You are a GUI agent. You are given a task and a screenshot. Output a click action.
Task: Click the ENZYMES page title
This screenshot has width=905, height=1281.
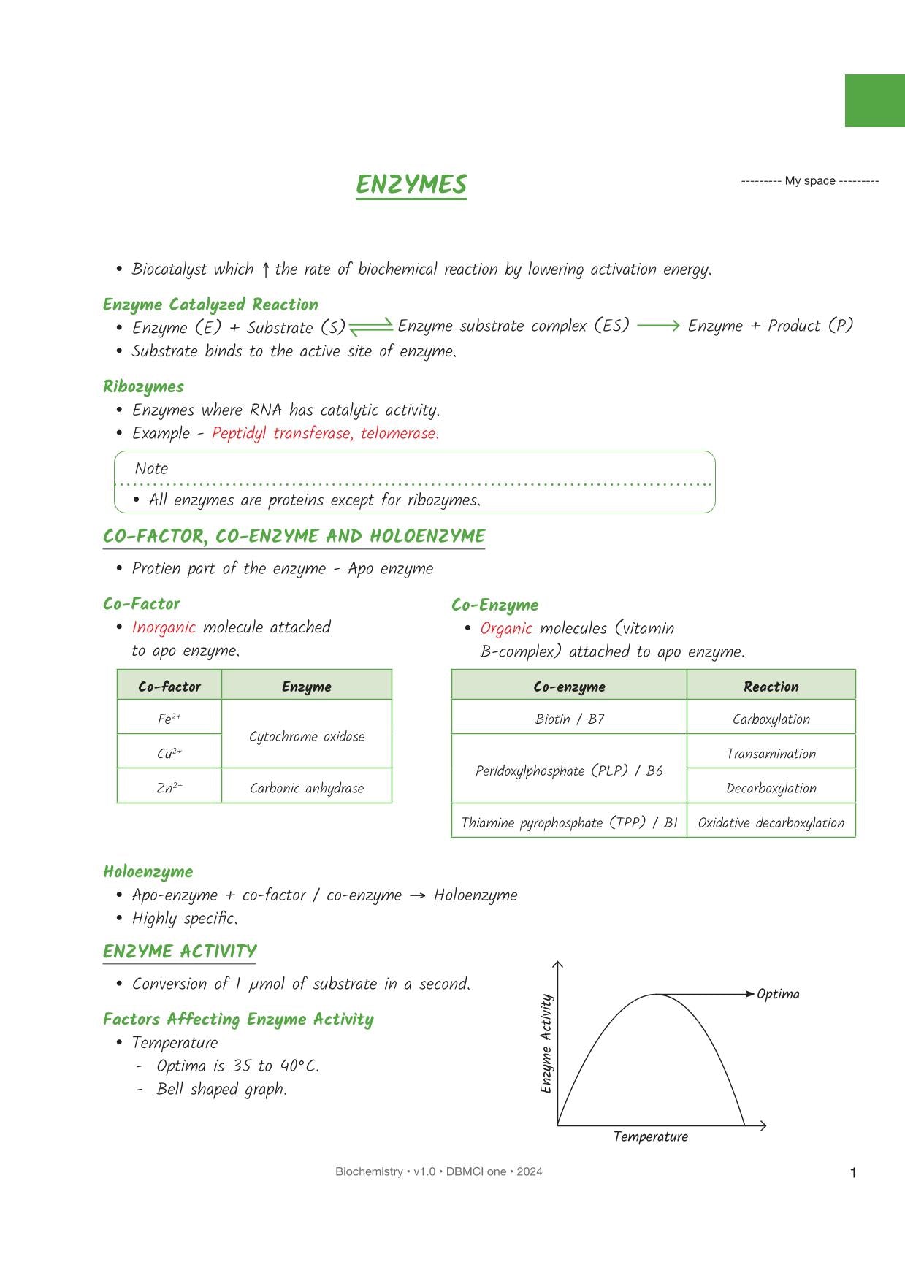[411, 185]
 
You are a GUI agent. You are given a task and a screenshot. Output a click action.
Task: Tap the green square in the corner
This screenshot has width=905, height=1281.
[874, 101]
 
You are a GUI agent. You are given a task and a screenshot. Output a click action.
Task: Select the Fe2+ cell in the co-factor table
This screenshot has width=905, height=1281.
[169, 719]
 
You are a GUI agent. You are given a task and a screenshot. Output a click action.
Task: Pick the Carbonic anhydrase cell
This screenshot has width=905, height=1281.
[307, 788]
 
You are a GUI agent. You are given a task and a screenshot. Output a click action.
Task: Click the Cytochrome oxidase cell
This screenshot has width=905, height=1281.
[307, 736]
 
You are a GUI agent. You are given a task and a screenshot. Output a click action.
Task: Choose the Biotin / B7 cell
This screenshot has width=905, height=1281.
[570, 719]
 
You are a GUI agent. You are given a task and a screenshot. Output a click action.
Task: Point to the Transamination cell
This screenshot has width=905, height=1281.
[771, 754]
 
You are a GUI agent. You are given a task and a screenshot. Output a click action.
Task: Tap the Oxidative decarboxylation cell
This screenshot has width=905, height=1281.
[771, 822]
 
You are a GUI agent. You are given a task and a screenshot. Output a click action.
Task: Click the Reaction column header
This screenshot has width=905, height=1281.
[771, 687]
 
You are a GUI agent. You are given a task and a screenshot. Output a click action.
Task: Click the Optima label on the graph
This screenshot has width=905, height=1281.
[778, 994]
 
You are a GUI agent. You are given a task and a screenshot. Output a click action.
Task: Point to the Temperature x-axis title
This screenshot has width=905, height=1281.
[651, 1136]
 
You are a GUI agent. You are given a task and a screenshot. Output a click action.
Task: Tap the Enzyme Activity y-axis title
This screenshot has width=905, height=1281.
[546, 1044]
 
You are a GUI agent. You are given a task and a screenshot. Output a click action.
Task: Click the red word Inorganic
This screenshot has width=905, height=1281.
[164, 627]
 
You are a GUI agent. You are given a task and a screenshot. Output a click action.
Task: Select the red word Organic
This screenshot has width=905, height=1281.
[506, 629]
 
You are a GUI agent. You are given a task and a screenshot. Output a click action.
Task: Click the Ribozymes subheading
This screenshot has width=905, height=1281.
[143, 386]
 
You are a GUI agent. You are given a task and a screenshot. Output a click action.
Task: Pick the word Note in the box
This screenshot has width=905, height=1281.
[151, 469]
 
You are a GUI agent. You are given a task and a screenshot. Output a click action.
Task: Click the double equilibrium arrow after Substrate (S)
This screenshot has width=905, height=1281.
[371, 327]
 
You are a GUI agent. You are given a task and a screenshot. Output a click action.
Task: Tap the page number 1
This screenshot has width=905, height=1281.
[853, 1173]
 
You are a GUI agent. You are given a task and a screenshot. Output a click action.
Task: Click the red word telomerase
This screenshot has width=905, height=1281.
[399, 433]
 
